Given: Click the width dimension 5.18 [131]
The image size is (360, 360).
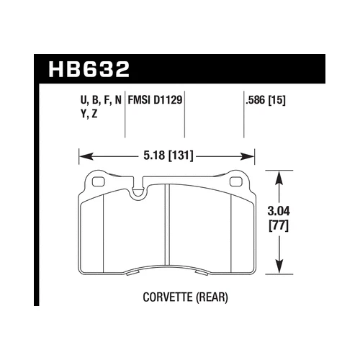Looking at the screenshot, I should coord(166,154).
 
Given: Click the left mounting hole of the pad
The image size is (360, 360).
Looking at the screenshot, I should coord(95,180).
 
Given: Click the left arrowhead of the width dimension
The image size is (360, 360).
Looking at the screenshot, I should coord(81,154).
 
